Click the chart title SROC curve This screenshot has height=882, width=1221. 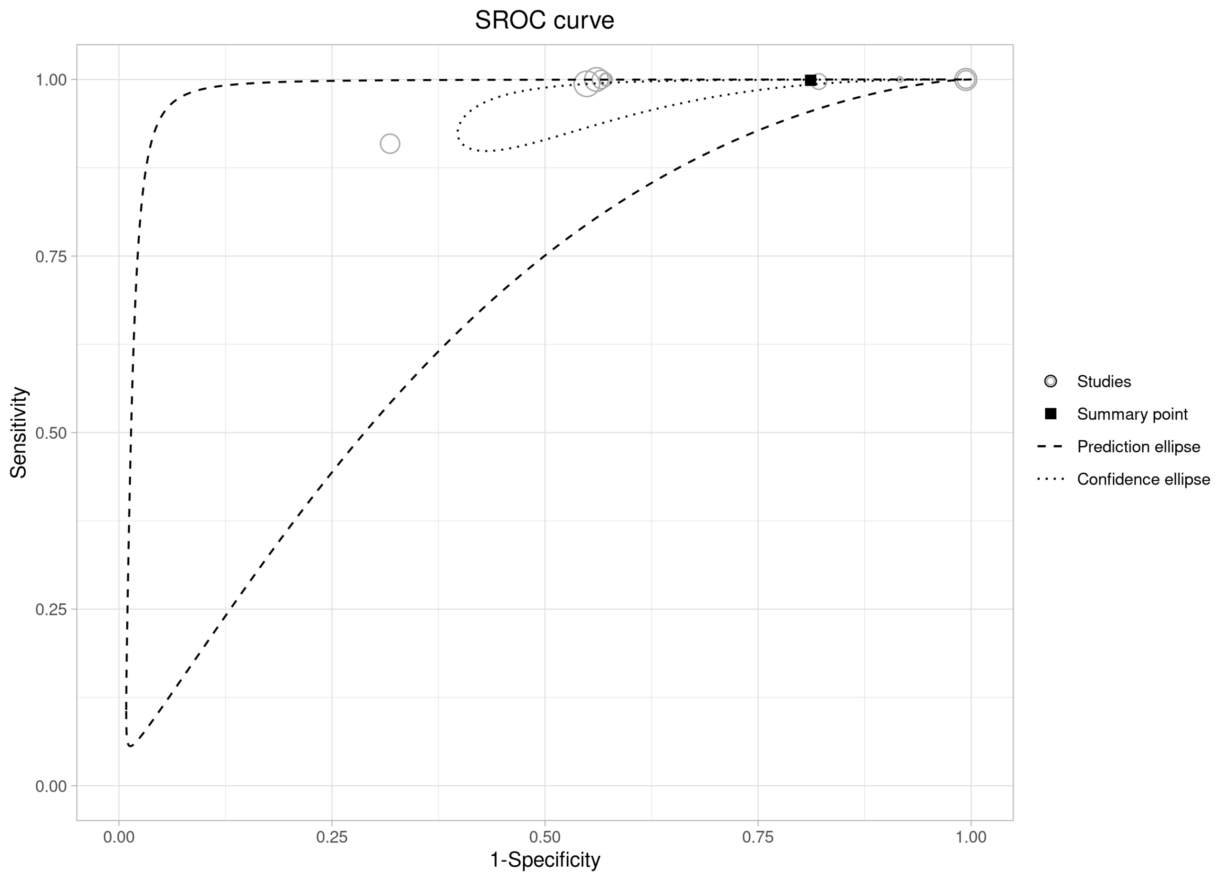coord(544,21)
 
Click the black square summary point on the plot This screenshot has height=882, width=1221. coord(810,80)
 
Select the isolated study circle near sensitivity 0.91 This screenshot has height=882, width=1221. coord(390,144)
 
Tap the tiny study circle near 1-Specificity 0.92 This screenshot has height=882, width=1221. coord(900,80)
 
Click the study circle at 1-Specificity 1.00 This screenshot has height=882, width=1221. coord(966,80)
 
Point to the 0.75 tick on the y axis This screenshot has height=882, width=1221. coord(51,257)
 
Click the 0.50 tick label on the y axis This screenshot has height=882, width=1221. coord(51,434)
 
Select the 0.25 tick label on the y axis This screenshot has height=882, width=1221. coord(51,610)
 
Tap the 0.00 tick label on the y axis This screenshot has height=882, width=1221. coord(51,787)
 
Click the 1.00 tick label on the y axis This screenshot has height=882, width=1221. coord(51,80)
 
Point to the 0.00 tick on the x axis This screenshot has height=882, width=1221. coord(118,837)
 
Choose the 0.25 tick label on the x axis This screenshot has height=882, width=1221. coord(331,837)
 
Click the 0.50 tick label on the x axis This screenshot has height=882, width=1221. coord(545,837)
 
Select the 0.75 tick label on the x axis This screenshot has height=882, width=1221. coord(758,837)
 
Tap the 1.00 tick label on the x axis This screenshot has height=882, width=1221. coord(971,837)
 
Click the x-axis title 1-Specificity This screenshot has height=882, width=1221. coord(545,860)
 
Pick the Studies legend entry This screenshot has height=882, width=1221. coord(1104,382)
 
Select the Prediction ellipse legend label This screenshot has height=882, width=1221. coord(1138,447)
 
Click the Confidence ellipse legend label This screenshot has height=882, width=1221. coord(1143,479)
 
